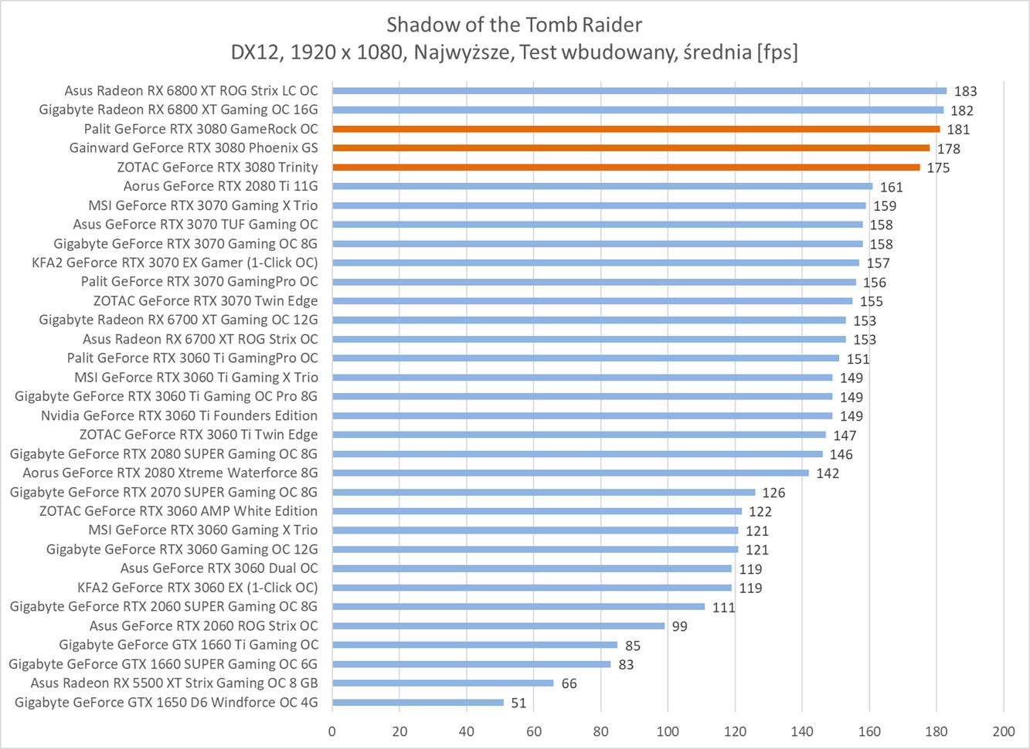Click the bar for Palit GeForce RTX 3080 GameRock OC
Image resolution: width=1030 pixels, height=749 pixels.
636,129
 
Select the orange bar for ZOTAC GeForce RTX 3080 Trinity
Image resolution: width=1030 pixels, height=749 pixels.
626,167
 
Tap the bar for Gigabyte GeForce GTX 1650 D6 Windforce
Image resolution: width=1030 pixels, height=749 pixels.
418,703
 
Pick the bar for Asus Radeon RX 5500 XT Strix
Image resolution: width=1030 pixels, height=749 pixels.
443,683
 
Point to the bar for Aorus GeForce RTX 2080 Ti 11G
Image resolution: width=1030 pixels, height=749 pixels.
603,186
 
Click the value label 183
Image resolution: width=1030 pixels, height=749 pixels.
965,91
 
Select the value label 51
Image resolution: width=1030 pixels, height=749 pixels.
518,703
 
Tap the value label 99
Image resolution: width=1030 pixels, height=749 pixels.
679,626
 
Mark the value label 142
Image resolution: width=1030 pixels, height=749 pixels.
828,473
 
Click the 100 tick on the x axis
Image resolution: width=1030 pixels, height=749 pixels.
668,731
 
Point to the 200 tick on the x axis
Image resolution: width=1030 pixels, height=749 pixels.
1003,731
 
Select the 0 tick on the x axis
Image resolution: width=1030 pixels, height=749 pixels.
332,731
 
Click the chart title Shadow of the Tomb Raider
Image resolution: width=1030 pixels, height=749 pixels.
514,25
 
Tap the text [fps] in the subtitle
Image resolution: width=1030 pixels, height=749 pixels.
777,52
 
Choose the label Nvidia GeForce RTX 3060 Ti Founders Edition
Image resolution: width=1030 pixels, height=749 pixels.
179,415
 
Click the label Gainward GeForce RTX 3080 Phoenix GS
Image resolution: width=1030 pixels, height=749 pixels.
193,147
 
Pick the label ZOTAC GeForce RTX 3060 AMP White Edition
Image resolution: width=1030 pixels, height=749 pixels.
178,511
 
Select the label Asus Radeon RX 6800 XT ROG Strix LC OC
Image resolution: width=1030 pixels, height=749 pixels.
191,90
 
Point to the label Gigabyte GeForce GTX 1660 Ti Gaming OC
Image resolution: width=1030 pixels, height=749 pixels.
189,645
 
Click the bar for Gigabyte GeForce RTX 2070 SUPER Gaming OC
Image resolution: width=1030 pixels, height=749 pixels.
544,492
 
